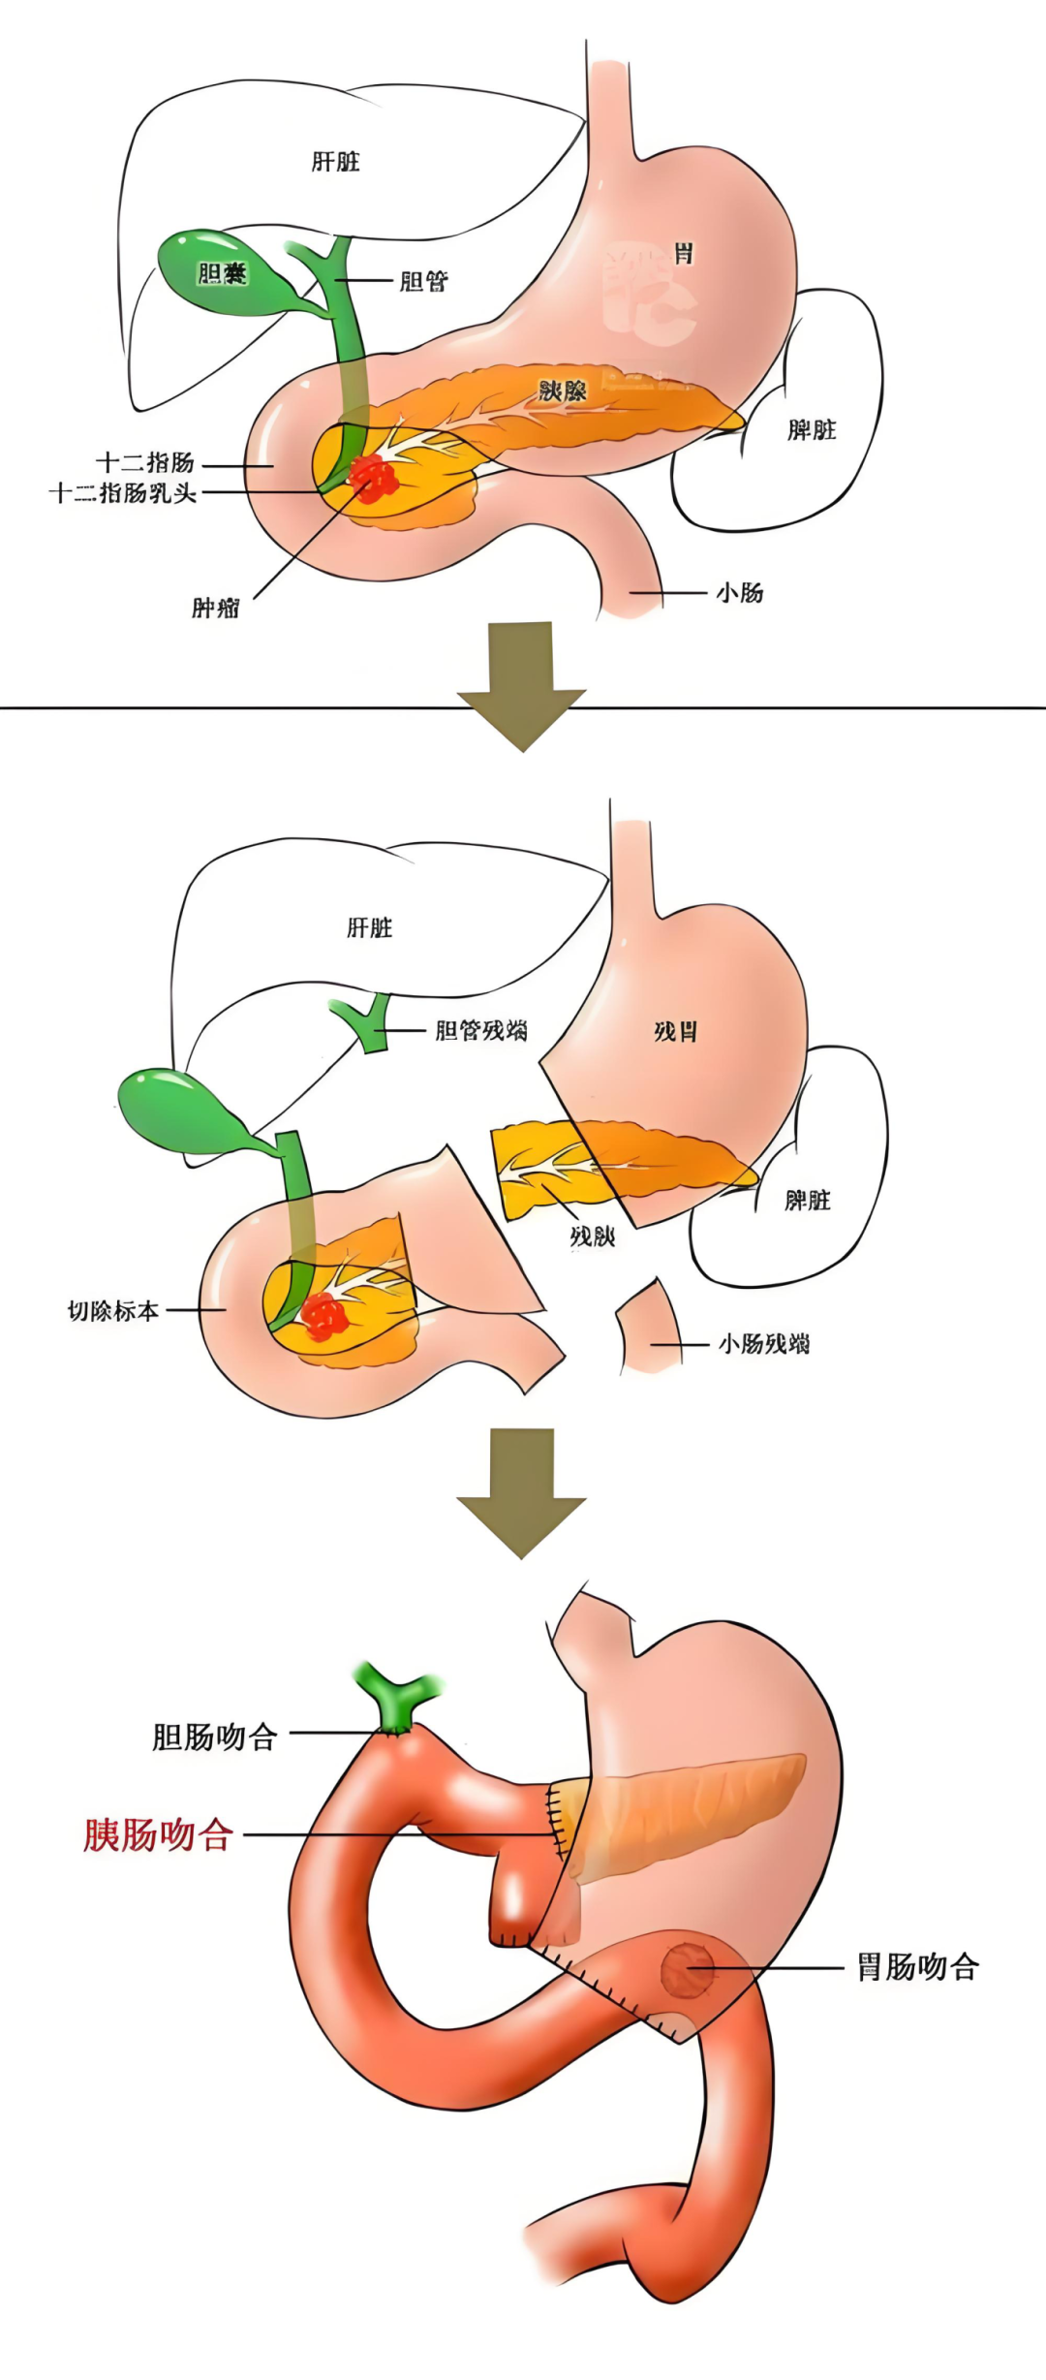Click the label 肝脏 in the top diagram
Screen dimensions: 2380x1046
pos(335,162)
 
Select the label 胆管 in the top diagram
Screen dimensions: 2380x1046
pos(423,282)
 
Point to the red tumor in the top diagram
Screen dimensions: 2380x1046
pos(373,478)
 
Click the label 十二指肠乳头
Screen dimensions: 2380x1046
pos(123,493)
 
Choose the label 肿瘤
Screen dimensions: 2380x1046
pos(215,609)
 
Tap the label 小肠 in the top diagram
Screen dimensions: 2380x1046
pos(739,593)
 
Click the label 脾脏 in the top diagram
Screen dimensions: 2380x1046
pos(812,430)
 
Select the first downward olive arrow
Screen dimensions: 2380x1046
pos(522,684)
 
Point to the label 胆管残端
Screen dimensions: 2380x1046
pos(481,1030)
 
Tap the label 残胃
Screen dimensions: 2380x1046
pos(675,1031)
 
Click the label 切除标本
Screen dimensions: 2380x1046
pos(113,1311)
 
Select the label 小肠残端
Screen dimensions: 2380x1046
pos(764,1344)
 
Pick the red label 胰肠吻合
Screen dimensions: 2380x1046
pos(157,1834)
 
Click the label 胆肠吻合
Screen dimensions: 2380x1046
pos(215,1737)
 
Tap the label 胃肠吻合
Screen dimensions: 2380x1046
pos(917,1967)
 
